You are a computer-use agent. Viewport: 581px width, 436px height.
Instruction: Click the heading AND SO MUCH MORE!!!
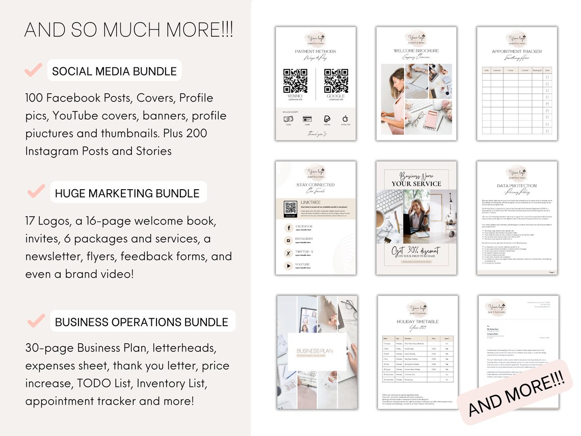[128, 30]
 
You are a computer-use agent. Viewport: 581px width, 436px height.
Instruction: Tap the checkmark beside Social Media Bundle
[34, 70]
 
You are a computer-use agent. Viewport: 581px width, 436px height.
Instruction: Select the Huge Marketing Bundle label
[127, 193]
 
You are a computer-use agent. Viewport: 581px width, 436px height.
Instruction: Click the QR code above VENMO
[296, 81]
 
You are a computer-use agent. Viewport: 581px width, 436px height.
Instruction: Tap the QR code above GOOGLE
[336, 81]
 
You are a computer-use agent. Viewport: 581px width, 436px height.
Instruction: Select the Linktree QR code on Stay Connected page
[290, 208]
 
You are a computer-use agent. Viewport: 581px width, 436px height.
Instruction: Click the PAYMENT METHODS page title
[315, 52]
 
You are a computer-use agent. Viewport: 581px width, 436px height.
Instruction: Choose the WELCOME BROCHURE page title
[416, 51]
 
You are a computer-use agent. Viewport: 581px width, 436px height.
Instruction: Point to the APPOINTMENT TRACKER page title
[517, 52]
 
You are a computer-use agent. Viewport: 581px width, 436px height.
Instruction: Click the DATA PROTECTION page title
[517, 187]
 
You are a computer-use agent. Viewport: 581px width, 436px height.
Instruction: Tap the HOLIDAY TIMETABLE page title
[416, 322]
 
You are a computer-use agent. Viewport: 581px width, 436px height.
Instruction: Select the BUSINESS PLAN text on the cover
[314, 350]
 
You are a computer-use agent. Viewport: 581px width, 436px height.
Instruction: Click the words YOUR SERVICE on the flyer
[416, 184]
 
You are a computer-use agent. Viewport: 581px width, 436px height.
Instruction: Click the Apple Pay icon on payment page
[345, 118]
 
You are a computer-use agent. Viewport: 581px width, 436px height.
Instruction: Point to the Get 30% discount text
[416, 251]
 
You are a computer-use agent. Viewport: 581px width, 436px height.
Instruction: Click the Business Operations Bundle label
[142, 322]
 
